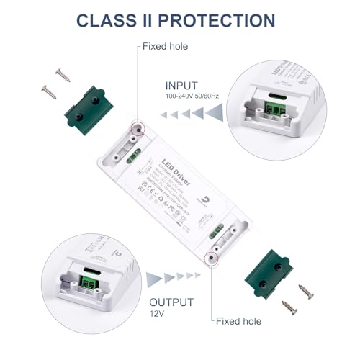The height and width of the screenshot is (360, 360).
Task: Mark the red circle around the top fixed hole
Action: click(135, 127)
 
